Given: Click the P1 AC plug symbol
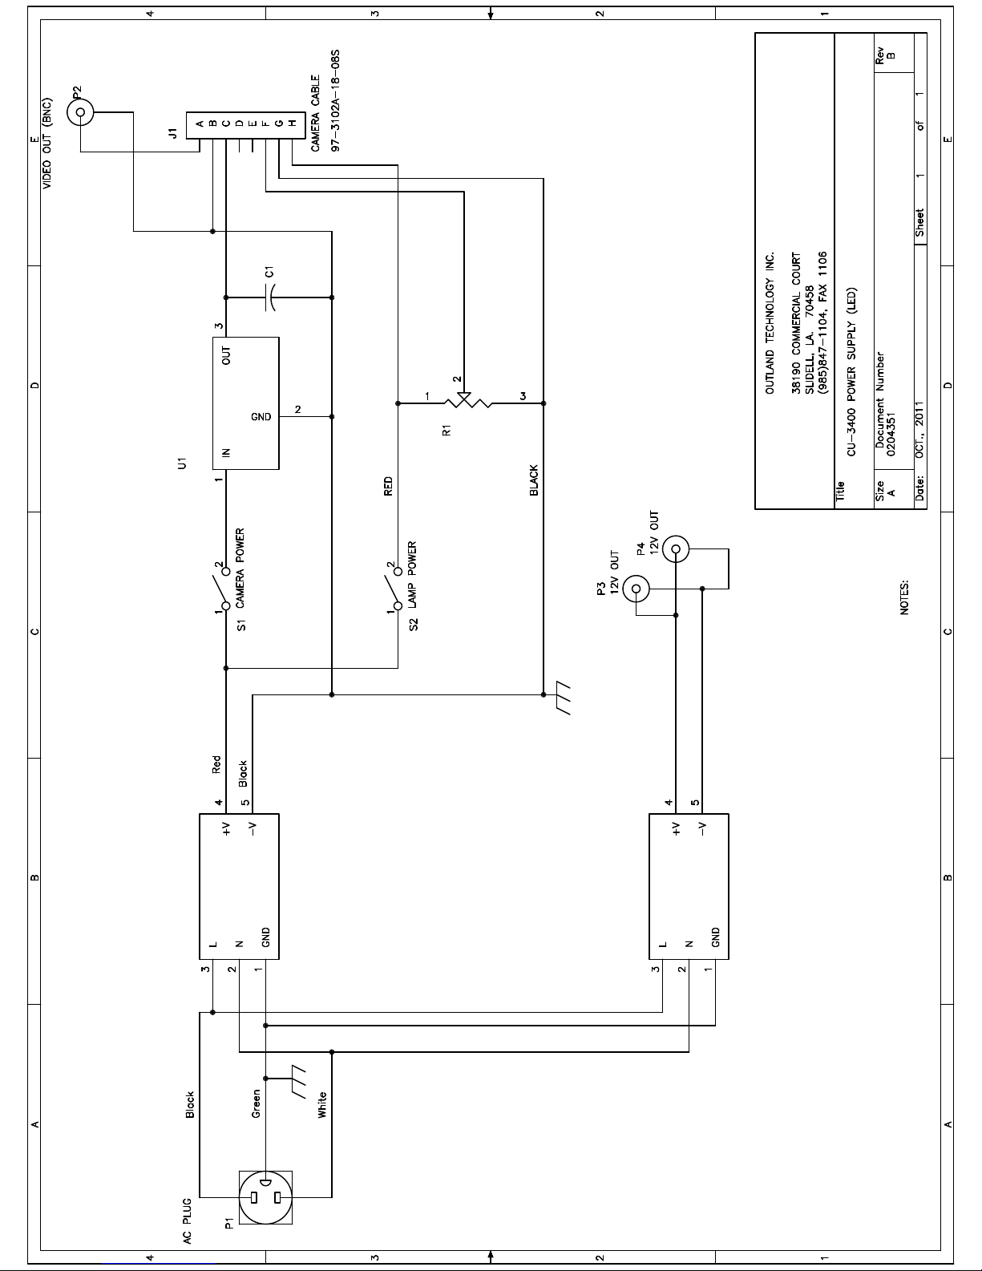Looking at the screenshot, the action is [x=265, y=1197].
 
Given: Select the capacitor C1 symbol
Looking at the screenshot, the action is [x=270, y=298].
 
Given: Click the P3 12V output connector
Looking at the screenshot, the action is [x=636, y=589].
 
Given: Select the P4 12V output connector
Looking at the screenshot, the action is [x=676, y=548].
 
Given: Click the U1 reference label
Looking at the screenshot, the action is [x=183, y=463].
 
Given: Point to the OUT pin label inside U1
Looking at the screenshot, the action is [x=226, y=355].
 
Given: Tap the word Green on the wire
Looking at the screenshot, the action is [x=256, y=1103].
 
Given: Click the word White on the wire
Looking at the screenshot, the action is [x=322, y=1105].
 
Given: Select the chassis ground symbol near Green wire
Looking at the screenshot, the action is [x=295, y=1082].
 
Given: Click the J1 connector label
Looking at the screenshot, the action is [x=172, y=133].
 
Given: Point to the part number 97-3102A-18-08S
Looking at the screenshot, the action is [x=335, y=100].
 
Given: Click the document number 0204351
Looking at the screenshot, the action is [x=891, y=435].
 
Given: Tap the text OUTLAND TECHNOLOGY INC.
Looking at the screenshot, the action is [x=770, y=323].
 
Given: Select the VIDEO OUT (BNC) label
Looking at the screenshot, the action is [x=46, y=143].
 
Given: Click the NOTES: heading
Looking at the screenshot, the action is [x=904, y=597].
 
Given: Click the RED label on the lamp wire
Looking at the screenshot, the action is [x=388, y=487].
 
